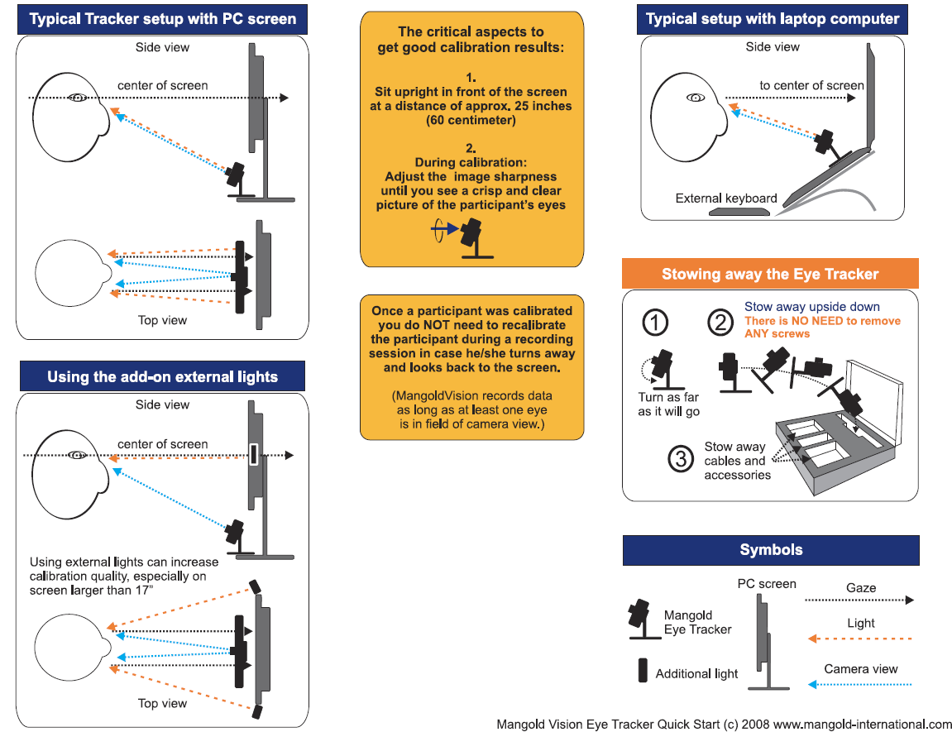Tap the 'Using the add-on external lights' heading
(x=162, y=376)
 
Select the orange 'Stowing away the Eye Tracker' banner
(x=770, y=274)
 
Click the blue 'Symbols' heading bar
(x=770, y=550)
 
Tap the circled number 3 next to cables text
(x=680, y=459)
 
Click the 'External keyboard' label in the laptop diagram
(x=726, y=199)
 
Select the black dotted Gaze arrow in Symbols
(x=860, y=600)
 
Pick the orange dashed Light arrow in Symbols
(x=860, y=638)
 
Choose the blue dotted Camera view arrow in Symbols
(x=860, y=684)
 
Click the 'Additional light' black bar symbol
(x=642, y=671)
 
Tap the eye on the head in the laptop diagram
(x=696, y=98)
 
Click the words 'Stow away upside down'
(x=811, y=307)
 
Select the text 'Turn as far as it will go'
(x=668, y=404)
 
